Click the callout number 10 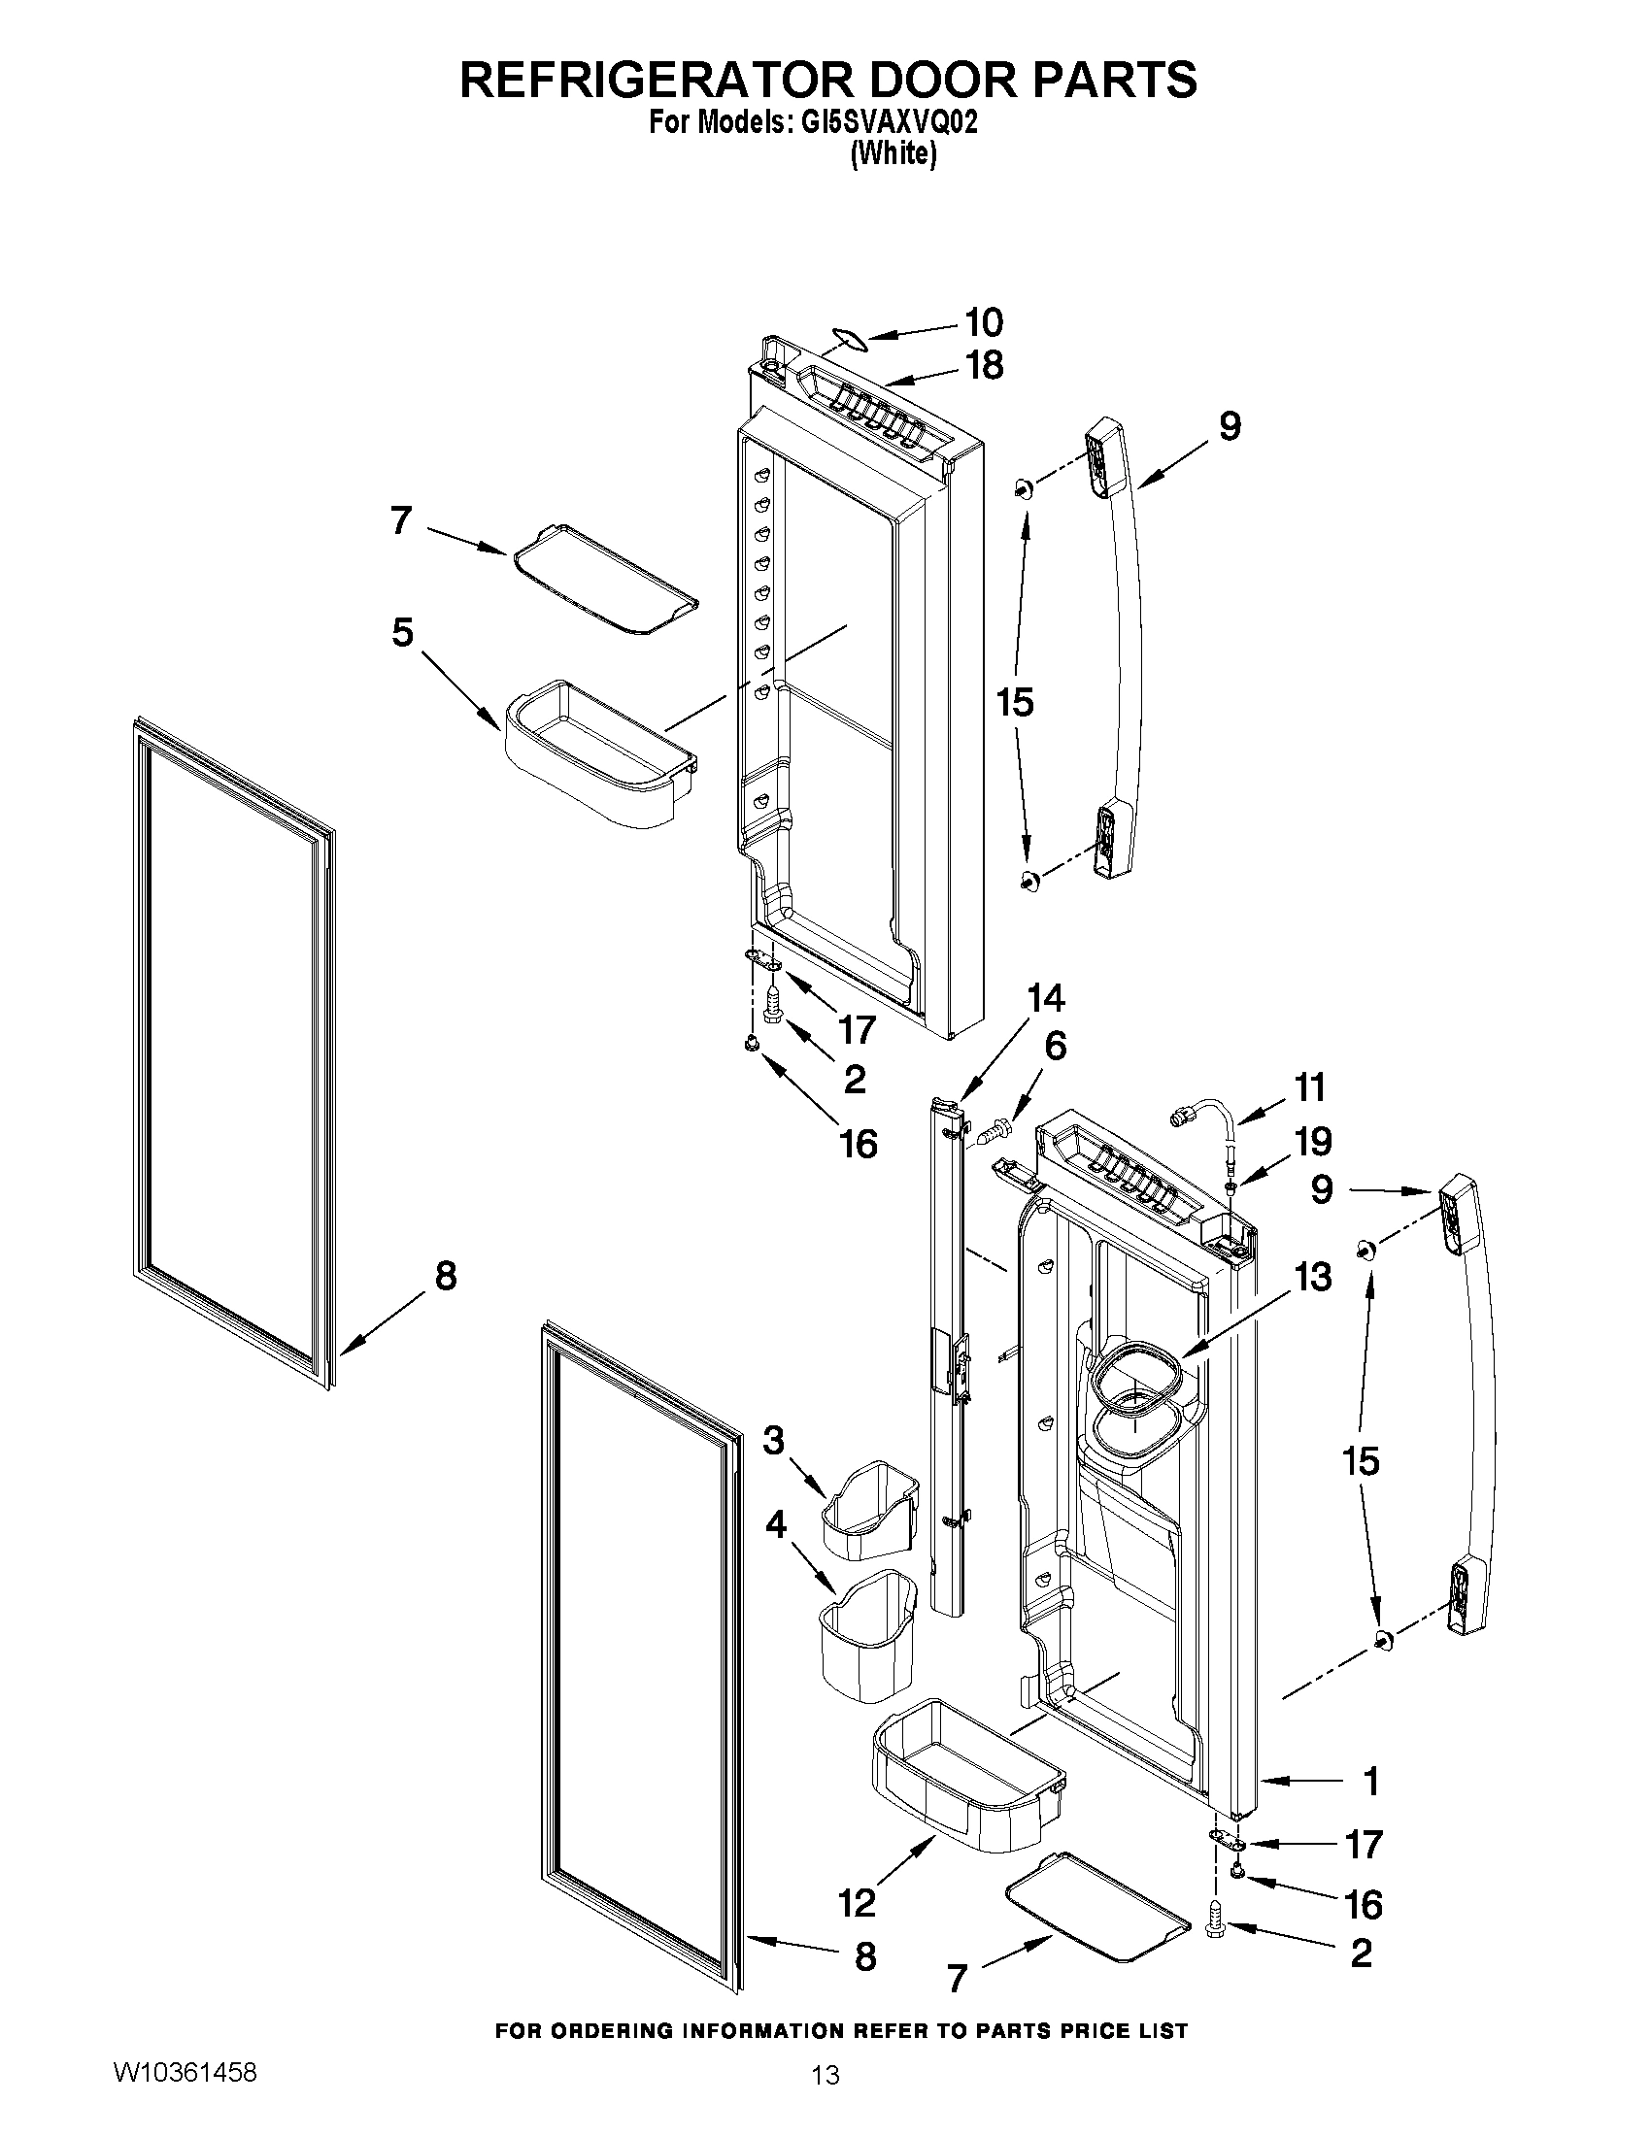[984, 322]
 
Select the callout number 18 [984, 365]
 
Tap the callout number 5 [402, 633]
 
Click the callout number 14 [1044, 998]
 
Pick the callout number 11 [1309, 1087]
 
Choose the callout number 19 [1311, 1141]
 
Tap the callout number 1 [1371, 1781]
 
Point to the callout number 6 [1055, 1046]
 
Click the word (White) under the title [893, 153]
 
